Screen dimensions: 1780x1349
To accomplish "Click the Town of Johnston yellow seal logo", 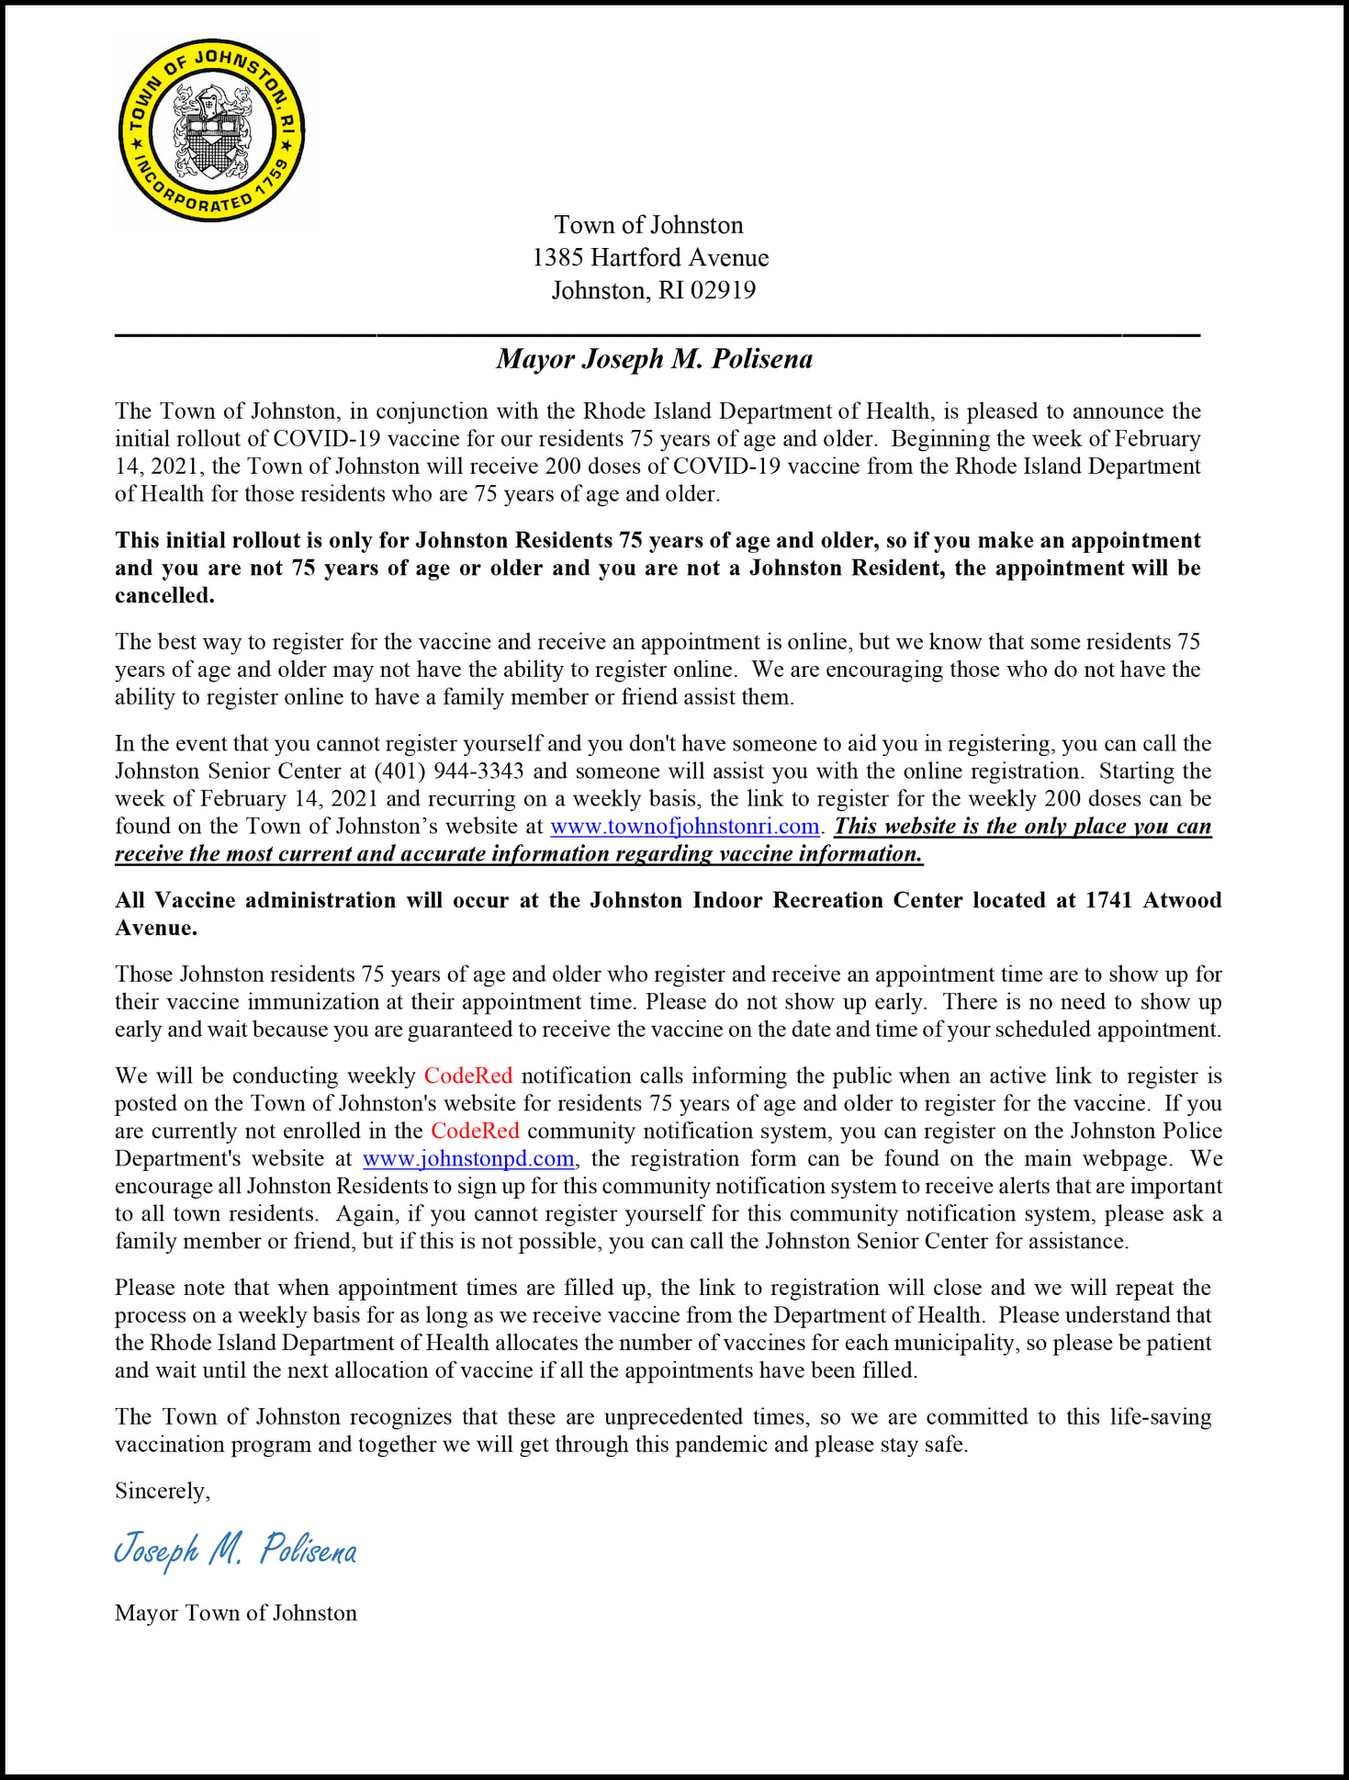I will pyautogui.click(x=211, y=130).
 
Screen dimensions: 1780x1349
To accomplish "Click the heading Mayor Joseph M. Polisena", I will pyautogui.click(x=654, y=359).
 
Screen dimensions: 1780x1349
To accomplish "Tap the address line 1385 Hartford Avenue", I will pyautogui.click(x=650, y=258).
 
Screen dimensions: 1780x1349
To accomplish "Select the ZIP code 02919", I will pyautogui.click(x=723, y=291).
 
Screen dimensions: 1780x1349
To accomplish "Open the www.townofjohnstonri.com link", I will pyautogui.click(x=684, y=827).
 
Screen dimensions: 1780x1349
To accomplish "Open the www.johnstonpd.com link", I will pyautogui.click(x=468, y=1159).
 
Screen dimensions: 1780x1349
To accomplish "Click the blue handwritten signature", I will pyautogui.click(x=235, y=1550).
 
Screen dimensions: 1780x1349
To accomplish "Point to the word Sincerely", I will pyautogui.click(x=162, y=1491).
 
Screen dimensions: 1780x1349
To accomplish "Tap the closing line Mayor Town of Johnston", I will pyautogui.click(x=235, y=1613).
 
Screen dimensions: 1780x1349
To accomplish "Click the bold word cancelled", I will pyautogui.click(x=164, y=596).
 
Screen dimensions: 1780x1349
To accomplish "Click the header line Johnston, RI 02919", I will pyautogui.click(x=653, y=291).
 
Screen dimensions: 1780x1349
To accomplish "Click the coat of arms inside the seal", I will pyautogui.click(x=212, y=131).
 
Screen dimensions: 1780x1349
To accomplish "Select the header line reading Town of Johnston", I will pyautogui.click(x=648, y=226).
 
